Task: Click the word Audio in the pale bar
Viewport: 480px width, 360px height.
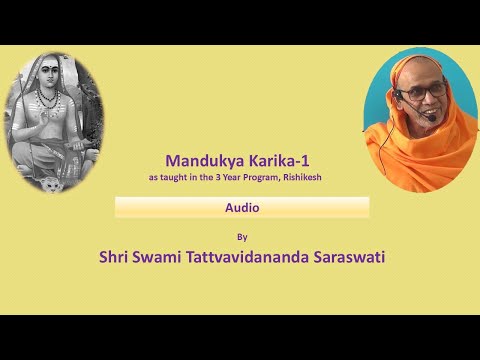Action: coord(241,207)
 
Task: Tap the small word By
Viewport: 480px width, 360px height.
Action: coord(241,237)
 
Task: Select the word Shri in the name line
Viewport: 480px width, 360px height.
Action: coord(116,258)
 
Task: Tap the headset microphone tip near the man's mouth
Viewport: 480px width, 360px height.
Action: coord(430,115)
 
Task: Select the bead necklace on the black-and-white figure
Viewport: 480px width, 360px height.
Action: coord(49,101)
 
